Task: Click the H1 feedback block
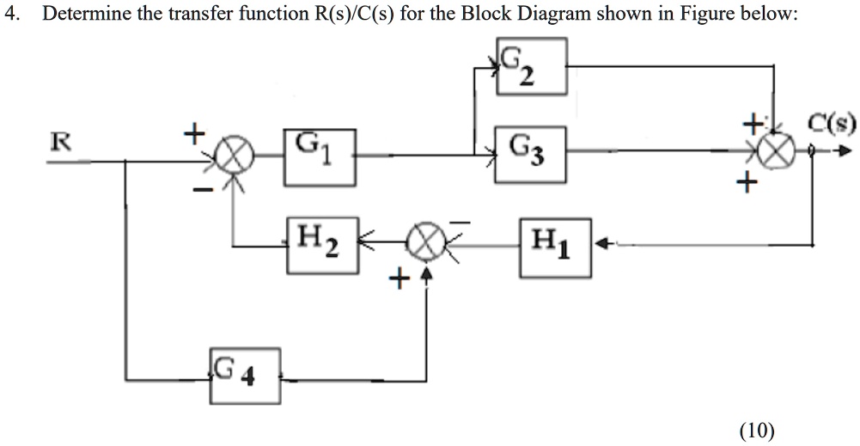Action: coord(555,247)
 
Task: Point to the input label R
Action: coord(59,142)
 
